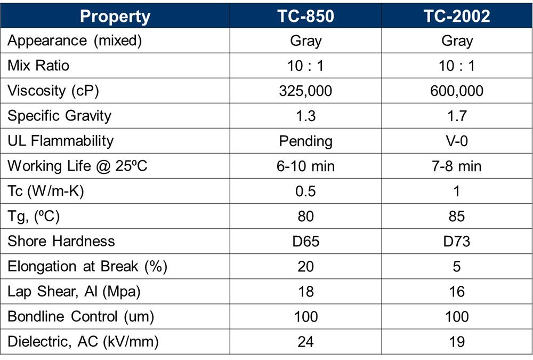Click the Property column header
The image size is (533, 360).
[x=115, y=17]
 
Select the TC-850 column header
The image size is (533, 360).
[x=305, y=16]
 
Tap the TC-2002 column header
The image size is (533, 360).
[x=457, y=16]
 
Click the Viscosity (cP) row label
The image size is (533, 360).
[x=53, y=91]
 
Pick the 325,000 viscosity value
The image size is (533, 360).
[x=305, y=91]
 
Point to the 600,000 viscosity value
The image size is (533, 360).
[x=457, y=91]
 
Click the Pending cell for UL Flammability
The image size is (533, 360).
[x=305, y=141]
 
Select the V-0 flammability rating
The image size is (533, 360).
[x=457, y=141]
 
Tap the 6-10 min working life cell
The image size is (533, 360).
[x=305, y=166]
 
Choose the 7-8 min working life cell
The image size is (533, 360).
[x=457, y=166]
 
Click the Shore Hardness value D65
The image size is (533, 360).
[x=305, y=241]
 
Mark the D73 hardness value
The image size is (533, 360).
[x=457, y=241]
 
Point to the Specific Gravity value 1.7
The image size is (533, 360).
[x=457, y=116]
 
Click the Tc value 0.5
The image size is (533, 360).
[x=305, y=191]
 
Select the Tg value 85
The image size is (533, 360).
[x=457, y=217]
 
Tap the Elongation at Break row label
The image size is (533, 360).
[x=87, y=267]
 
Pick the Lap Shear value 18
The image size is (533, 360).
[x=305, y=292]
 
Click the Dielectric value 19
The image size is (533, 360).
[x=457, y=342]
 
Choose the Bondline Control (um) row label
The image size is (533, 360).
[x=81, y=316]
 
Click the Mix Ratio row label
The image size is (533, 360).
[x=38, y=65]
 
